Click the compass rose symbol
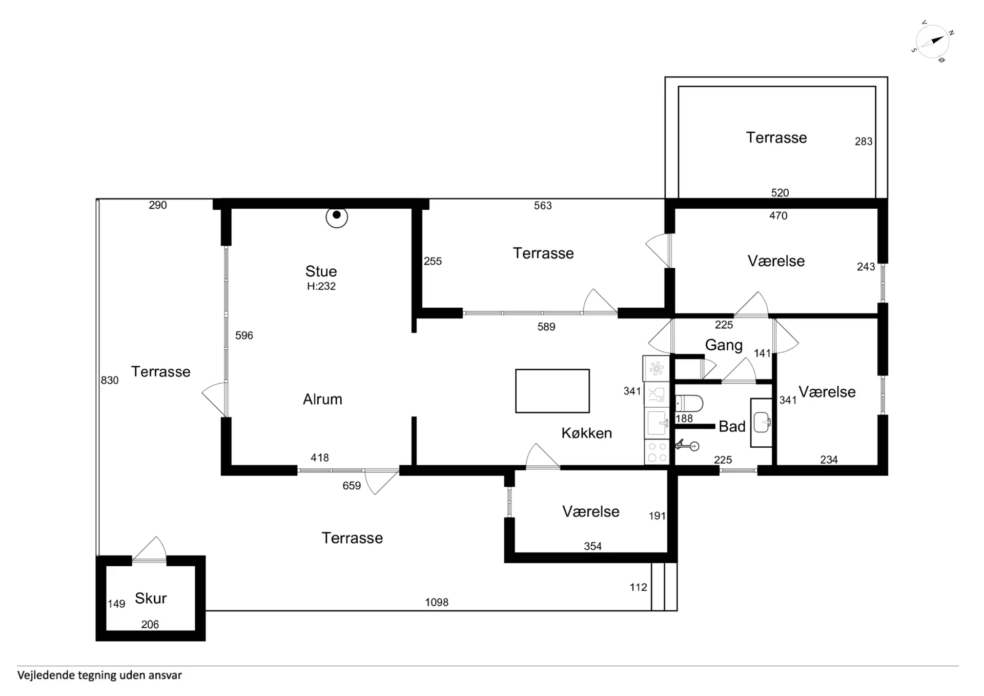(x=932, y=42)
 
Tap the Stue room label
(x=321, y=271)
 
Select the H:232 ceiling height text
(x=321, y=286)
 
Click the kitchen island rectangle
(x=552, y=391)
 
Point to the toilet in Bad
(x=689, y=403)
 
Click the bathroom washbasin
(x=762, y=423)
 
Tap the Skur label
(x=151, y=598)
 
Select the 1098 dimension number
(x=437, y=602)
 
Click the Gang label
(x=724, y=345)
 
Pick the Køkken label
(x=587, y=433)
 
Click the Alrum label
(x=322, y=399)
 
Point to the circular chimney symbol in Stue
(x=337, y=217)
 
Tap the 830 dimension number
(x=110, y=380)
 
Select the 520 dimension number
(x=780, y=193)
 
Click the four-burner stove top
(x=657, y=452)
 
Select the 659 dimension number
(x=352, y=486)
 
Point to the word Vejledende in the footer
(x=46, y=675)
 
